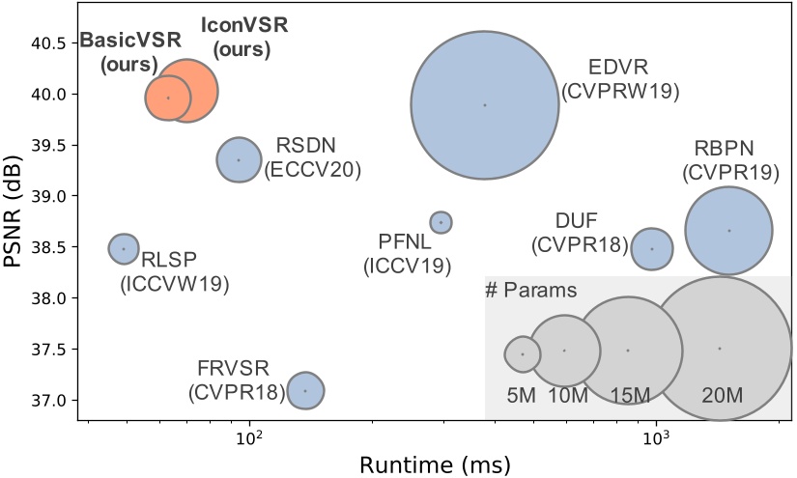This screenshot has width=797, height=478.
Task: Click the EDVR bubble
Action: click(485, 104)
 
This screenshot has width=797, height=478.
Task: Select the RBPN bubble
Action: click(728, 230)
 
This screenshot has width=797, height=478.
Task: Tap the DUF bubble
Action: click(652, 248)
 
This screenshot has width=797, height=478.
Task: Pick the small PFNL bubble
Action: click(441, 222)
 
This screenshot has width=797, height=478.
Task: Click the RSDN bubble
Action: click(239, 159)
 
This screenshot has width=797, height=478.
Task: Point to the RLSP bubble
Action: click(124, 248)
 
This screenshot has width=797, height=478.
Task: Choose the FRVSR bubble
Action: click(305, 390)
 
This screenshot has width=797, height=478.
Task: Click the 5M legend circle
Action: click(523, 353)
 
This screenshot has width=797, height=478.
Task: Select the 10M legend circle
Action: click(565, 351)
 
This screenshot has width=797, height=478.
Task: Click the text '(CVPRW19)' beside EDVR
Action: click(622, 92)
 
